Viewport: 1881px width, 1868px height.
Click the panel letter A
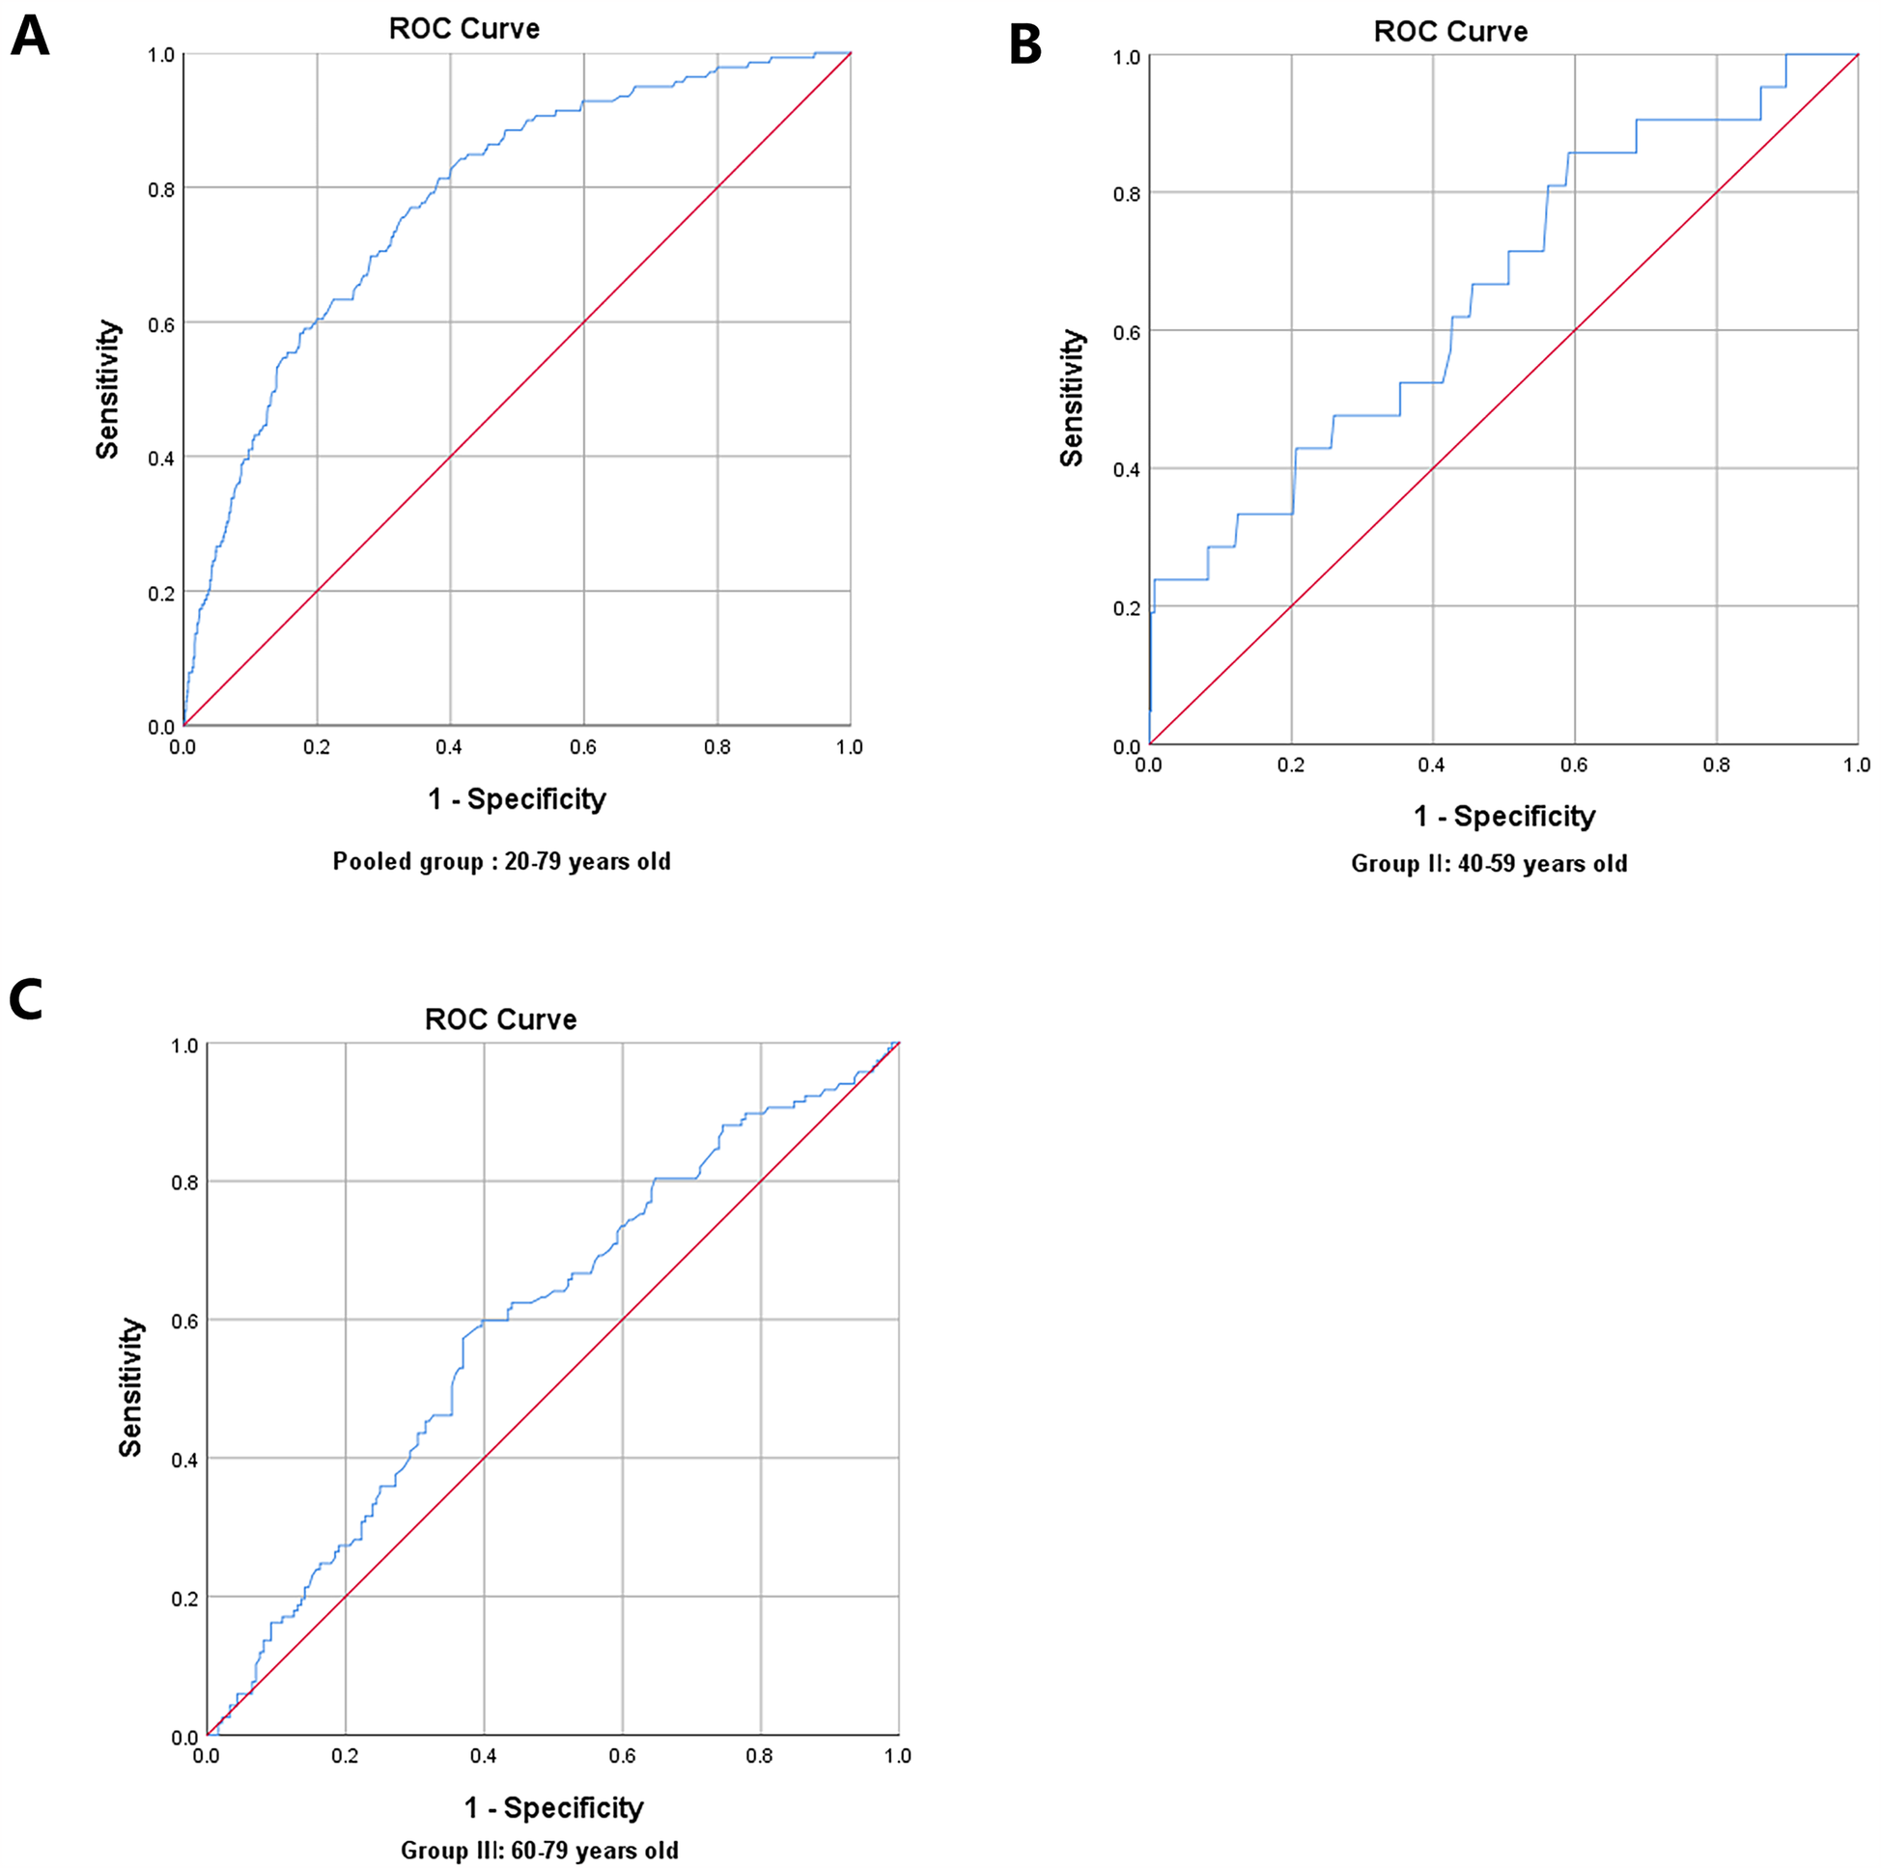[x=29, y=37]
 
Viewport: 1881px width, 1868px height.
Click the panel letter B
[x=1025, y=44]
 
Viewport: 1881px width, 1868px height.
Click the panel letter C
[x=26, y=1000]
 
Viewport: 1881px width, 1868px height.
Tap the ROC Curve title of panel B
[x=1449, y=32]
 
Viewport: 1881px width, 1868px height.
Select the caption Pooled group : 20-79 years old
[x=501, y=861]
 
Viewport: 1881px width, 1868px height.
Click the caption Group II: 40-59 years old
[x=1489, y=863]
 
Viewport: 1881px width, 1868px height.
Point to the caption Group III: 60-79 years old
[x=540, y=1850]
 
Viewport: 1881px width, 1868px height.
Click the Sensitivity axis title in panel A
[x=107, y=389]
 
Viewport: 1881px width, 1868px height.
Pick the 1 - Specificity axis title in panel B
[x=1504, y=816]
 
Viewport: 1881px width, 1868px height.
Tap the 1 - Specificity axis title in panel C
[x=553, y=1806]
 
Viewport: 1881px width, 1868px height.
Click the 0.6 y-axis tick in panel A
[x=161, y=324]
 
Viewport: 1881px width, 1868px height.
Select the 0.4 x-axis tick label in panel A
[x=449, y=747]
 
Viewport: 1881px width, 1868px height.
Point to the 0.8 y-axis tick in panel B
[x=1127, y=195]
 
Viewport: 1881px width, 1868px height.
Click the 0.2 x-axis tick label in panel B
[x=1291, y=766]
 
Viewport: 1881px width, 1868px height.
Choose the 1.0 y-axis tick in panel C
[x=185, y=1046]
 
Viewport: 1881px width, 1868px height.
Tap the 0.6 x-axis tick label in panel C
[x=622, y=1755]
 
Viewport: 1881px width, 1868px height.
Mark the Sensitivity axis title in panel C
[x=130, y=1387]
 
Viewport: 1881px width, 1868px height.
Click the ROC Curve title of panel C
[x=500, y=1019]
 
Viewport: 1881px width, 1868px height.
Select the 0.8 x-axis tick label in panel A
[x=717, y=747]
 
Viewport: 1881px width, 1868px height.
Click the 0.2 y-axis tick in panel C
[x=185, y=1599]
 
